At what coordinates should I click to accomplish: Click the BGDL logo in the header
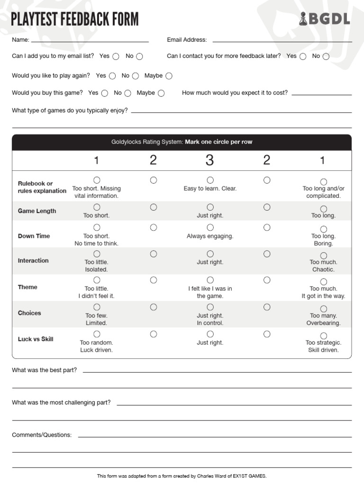coord(325,19)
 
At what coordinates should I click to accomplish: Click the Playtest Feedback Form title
coord(75,19)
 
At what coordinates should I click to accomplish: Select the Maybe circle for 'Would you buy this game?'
coord(161,93)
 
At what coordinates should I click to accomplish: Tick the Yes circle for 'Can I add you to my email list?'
coord(116,56)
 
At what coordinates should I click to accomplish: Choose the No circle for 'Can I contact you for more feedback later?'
coord(326,56)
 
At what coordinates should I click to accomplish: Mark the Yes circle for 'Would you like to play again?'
coord(112,76)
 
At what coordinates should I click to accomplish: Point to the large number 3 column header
coord(209,160)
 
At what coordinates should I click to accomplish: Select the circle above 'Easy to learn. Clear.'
coord(210,180)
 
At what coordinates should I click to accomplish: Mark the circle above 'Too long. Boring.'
coord(323,228)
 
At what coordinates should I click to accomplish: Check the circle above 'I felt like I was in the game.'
coord(210,280)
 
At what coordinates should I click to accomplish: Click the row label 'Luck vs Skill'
coord(36,339)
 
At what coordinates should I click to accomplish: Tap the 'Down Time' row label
coord(34,236)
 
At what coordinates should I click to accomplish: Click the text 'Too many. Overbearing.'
coord(323,319)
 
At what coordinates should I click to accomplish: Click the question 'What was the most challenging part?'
coord(61,402)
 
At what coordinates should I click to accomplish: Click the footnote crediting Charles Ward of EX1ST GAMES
coord(182,476)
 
